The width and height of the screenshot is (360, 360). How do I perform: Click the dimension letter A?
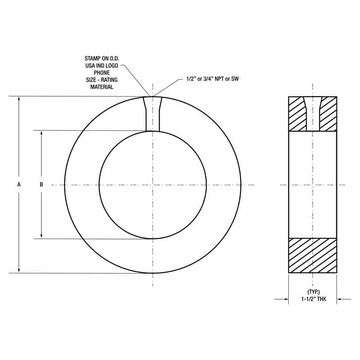tap(19, 184)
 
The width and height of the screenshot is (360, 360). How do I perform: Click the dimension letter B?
tap(41, 184)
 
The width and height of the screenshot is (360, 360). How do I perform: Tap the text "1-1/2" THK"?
tap(312, 299)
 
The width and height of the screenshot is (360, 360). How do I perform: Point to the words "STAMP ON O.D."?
tap(102, 58)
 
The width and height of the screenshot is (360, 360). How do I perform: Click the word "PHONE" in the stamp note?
tap(102, 73)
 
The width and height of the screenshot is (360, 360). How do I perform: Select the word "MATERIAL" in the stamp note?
tap(102, 87)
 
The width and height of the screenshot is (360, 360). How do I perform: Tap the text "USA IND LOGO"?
tap(102, 66)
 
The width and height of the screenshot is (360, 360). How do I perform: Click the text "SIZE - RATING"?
tap(102, 80)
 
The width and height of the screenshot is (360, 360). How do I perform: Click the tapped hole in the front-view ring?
tap(153, 115)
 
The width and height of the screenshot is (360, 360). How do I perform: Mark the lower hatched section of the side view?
tap(312, 255)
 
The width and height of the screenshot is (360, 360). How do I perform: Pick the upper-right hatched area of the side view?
tap(328, 114)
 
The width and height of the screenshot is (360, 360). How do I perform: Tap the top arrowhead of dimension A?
tap(19, 99)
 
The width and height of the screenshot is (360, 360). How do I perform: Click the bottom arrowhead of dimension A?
tap(19, 270)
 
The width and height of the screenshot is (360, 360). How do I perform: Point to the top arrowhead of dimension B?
tap(41, 133)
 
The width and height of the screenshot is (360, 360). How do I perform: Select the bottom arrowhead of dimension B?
tap(41, 236)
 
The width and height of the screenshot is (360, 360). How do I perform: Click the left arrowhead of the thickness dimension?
tap(286, 299)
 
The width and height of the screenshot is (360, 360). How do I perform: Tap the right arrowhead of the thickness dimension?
tap(339, 299)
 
